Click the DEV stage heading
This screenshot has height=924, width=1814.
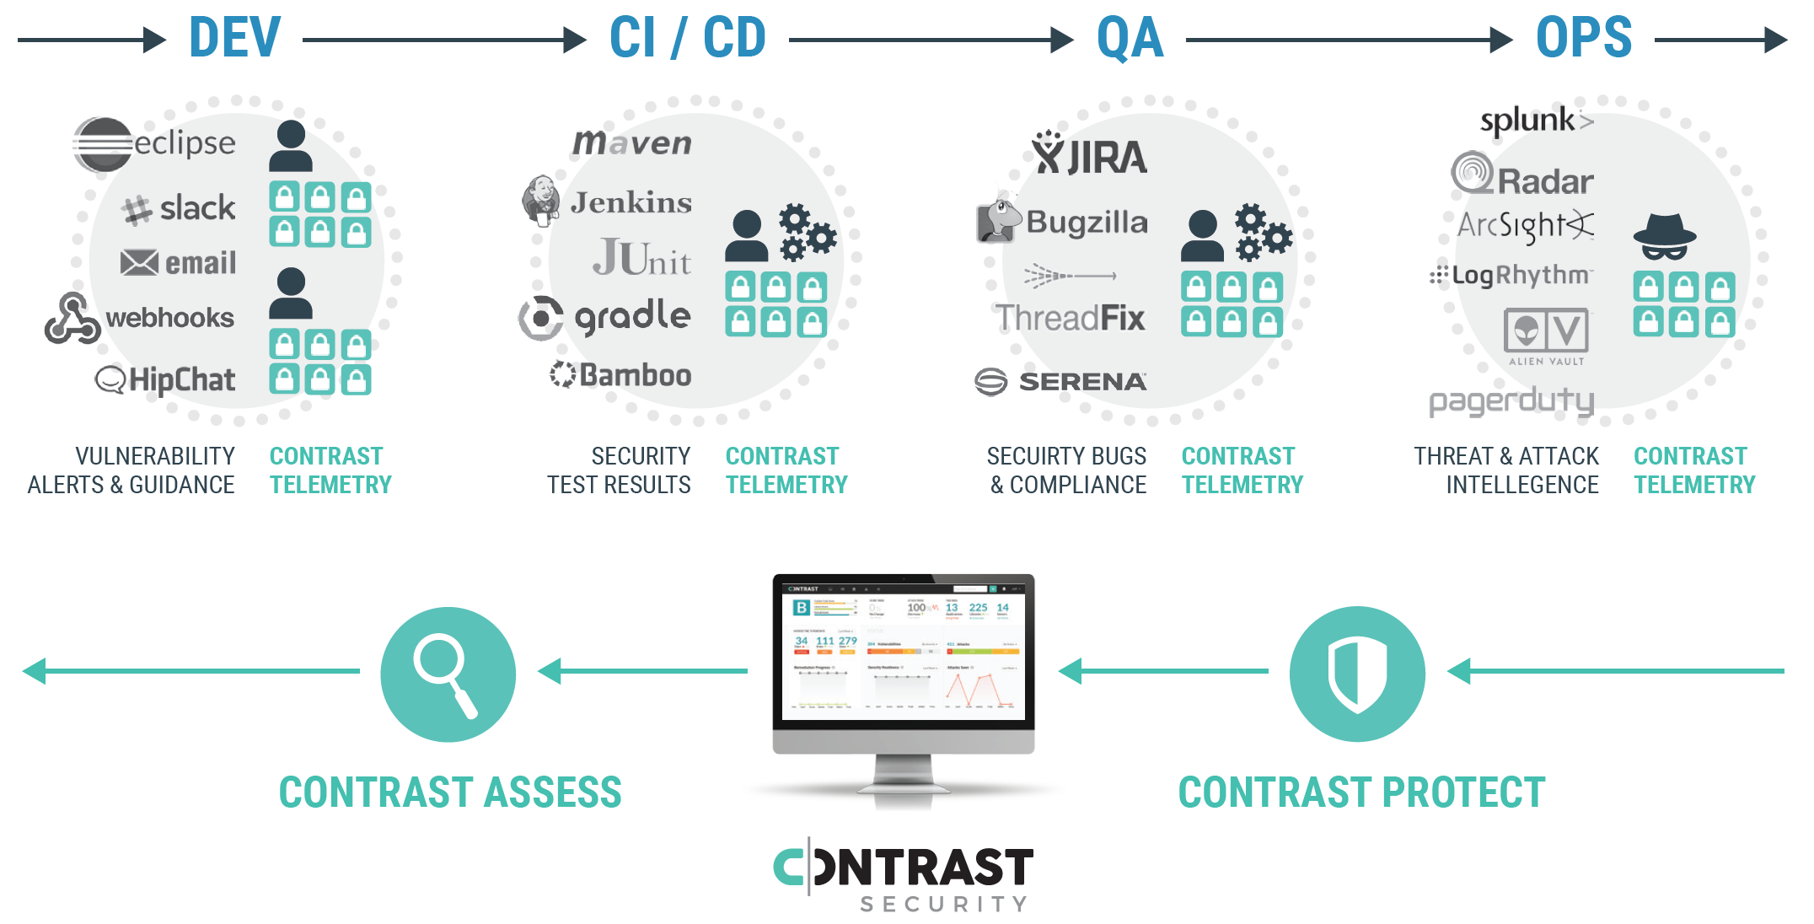pos(234,38)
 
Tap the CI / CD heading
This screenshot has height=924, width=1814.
pos(687,38)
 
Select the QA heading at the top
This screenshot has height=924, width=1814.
pos(1130,39)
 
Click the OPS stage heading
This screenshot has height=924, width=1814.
pos(1583,38)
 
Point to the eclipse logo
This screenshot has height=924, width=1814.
pos(154,143)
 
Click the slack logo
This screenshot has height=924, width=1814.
pos(179,208)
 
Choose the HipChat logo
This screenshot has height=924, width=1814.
pos(165,379)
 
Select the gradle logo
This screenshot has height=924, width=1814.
pos(605,317)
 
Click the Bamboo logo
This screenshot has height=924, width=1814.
pos(620,374)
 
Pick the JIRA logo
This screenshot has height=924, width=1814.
pos(1089,154)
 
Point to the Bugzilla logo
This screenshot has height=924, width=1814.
pos(1062,222)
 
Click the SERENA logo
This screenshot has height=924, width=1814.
pos(1060,382)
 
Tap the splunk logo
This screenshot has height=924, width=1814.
pos(1536,121)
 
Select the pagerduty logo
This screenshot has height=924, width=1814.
pos(1511,400)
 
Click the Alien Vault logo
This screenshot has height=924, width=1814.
pos(1546,336)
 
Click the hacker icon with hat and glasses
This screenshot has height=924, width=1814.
pos(1664,237)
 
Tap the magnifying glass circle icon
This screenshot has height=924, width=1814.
pos(448,674)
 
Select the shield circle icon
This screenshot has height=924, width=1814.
pos(1357,674)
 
